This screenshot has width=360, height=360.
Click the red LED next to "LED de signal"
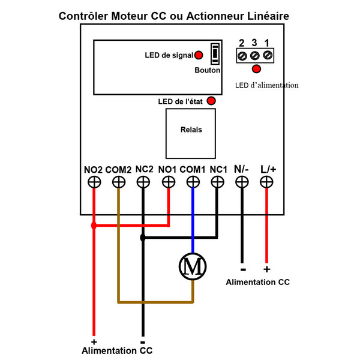[199, 55]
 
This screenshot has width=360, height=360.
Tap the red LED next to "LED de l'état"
[211, 101]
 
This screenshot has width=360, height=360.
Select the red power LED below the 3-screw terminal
[256, 69]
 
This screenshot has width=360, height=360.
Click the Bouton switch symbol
[215, 54]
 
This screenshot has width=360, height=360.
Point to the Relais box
[191, 134]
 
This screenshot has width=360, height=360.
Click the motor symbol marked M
[193, 266]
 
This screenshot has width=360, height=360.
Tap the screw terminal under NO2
[94, 182]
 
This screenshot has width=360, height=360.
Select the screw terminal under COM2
[119, 182]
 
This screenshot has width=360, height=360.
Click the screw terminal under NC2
[143, 182]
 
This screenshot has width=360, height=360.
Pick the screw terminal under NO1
[169, 182]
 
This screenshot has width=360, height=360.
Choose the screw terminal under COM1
[193, 182]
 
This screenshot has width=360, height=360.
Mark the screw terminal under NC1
[217, 182]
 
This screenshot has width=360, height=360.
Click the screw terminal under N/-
[242, 182]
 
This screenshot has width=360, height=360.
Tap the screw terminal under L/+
[266, 182]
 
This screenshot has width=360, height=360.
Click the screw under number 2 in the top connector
[242, 56]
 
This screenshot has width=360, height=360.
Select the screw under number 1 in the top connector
[268, 55]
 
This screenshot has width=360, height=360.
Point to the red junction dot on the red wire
[94, 226]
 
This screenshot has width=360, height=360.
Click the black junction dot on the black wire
[143, 238]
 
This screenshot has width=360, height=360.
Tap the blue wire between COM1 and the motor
[193, 220]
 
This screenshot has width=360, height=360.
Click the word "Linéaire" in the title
[268, 16]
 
